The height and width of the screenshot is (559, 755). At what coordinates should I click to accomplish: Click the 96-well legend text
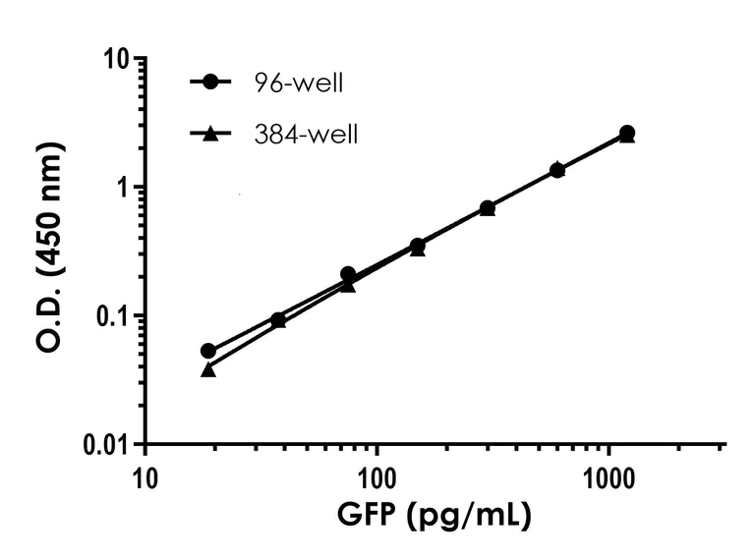tap(297, 82)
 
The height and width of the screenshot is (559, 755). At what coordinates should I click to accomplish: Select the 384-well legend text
tap(304, 132)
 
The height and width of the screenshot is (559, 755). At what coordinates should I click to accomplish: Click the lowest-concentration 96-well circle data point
tap(208, 351)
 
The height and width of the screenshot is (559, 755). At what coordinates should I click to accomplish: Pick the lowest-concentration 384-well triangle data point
tap(208, 369)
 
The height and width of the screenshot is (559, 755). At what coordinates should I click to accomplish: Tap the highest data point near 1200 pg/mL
tap(627, 133)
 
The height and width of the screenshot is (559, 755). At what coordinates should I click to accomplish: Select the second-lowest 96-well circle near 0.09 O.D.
tap(278, 319)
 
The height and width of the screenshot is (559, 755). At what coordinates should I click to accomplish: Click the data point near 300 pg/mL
tap(488, 208)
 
